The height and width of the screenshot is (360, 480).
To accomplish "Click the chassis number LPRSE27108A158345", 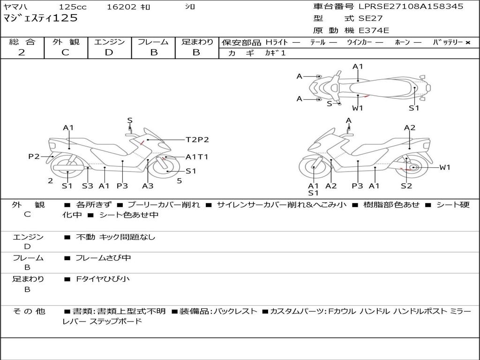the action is (411, 7).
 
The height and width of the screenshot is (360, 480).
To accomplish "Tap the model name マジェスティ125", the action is (40, 19).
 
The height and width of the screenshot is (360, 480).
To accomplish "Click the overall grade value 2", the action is (22, 52).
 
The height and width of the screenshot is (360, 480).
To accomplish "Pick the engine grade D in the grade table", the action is (109, 52).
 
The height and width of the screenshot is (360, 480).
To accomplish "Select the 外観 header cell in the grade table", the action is (66, 42).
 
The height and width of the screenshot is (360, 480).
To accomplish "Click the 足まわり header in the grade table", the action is (197, 42).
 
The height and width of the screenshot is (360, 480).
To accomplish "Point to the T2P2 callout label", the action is (197, 139).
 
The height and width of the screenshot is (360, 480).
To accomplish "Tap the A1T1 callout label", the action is (197, 157).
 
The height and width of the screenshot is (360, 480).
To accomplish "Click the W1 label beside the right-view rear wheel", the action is (444, 167).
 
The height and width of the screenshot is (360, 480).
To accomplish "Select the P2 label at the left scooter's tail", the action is (34, 157).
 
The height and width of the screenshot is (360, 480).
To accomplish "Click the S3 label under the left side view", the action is (87, 186).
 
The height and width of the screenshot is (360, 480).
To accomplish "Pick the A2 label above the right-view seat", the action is (410, 127).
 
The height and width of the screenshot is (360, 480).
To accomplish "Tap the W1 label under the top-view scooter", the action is (358, 108).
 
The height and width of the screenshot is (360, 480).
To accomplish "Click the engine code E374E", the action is (374, 30).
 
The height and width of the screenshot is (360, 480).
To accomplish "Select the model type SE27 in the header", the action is (370, 19).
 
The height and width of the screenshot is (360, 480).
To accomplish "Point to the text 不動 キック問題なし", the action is (115, 237).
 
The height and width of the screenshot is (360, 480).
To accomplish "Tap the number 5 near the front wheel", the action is (179, 180).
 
